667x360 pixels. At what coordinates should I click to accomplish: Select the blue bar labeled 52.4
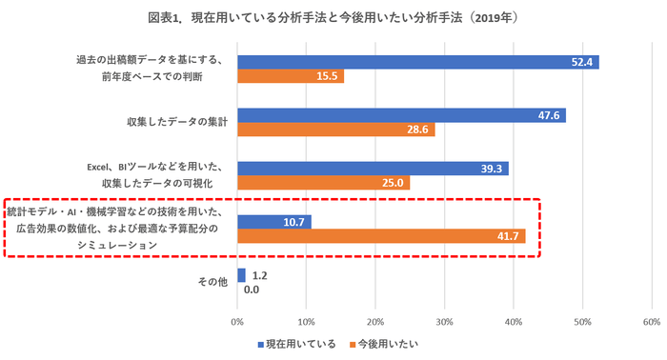(x=417, y=62)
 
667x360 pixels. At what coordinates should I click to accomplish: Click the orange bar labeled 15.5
(x=291, y=76)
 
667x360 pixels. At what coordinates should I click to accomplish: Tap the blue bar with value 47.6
(x=401, y=115)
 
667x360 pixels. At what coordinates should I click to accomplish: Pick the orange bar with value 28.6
(x=335, y=130)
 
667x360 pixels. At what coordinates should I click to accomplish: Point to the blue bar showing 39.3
(x=373, y=169)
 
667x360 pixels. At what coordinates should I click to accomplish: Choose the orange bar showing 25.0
(x=323, y=183)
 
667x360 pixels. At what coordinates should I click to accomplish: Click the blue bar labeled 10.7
(x=274, y=222)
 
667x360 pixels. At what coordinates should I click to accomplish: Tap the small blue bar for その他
(x=241, y=274)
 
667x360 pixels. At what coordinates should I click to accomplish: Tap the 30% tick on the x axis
(x=445, y=321)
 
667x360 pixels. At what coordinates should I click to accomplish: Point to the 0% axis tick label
(x=238, y=321)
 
